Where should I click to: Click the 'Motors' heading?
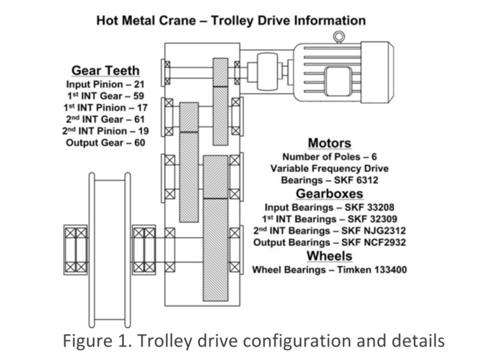330,143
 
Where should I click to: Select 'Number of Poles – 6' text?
330,157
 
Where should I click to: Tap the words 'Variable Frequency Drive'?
330,169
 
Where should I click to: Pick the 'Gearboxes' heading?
330,194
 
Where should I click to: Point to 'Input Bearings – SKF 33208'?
330,207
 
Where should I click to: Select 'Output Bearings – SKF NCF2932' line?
330,242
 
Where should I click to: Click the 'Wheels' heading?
330,256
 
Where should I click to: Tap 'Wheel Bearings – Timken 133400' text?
330,270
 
